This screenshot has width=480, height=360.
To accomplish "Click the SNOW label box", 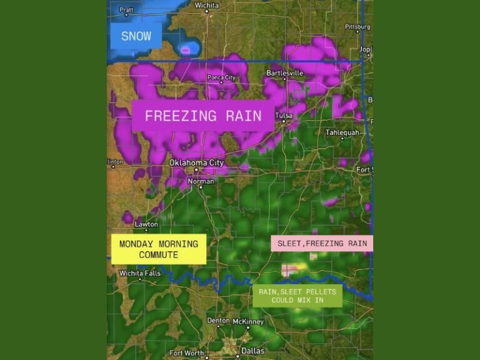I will [136, 36].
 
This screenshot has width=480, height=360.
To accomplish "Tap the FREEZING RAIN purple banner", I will [203, 116].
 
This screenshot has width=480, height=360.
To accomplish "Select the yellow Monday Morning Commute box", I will [159, 249].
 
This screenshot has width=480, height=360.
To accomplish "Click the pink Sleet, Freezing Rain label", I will [322, 243].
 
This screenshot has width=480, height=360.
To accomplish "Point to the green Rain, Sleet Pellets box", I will [297, 296].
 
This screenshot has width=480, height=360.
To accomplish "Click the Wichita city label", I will [206, 5].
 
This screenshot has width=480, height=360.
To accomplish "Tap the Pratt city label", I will [126, 10].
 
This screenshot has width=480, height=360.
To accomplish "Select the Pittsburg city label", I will [357, 27].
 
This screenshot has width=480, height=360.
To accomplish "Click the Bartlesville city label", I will [285, 73].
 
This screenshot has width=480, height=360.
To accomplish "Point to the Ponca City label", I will [222, 77].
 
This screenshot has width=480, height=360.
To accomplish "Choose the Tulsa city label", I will [285, 115].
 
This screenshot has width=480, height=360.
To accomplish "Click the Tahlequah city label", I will [343, 132].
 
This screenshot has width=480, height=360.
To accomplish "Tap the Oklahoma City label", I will [197, 163].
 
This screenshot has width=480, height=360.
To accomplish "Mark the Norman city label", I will [201, 182].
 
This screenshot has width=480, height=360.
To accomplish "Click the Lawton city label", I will [146, 224].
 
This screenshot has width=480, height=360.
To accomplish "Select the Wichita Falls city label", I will [140, 273].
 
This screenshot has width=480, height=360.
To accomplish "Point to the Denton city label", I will [219, 321].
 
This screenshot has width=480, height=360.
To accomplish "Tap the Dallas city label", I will [252, 351].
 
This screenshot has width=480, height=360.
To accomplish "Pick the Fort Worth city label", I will [186, 353].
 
